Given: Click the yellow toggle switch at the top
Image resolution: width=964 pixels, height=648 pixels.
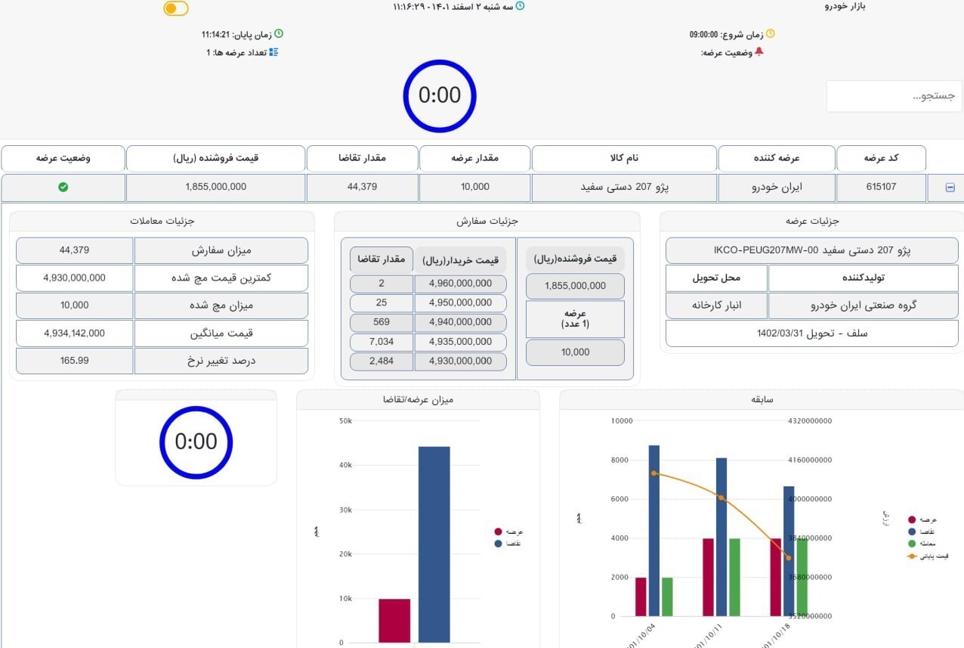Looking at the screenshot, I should (x=176, y=8).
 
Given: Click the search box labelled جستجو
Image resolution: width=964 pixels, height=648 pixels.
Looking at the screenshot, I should (x=894, y=96).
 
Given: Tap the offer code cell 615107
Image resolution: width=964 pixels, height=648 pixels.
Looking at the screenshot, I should (x=881, y=187).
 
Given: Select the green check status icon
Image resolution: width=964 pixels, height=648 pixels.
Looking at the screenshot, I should (x=63, y=187).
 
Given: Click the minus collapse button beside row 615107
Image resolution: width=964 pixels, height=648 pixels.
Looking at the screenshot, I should (x=950, y=188).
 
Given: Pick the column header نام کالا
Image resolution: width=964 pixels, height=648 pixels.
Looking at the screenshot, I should (x=624, y=158).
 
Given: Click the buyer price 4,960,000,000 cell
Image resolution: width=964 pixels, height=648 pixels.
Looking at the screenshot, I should (x=460, y=284).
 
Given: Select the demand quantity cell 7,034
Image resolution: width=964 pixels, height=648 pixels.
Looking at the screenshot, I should (x=382, y=342).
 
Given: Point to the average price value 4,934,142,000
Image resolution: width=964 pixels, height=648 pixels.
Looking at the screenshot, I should (x=75, y=333).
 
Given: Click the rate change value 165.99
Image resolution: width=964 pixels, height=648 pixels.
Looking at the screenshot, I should (x=75, y=361).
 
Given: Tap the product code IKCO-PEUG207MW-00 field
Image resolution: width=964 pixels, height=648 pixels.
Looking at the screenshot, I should (x=812, y=250).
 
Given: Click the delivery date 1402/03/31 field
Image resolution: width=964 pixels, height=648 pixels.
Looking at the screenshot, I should (x=812, y=333).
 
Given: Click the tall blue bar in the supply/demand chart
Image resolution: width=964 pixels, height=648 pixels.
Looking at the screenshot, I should (x=434, y=544).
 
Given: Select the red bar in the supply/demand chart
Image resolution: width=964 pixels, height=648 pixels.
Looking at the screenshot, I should (x=394, y=621).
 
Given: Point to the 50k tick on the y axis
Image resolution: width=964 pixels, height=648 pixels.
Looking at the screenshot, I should (x=345, y=420).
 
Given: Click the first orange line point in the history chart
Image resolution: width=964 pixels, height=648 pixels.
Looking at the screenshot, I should (x=653, y=473).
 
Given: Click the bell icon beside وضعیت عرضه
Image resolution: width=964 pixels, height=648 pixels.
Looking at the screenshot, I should (x=759, y=52).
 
